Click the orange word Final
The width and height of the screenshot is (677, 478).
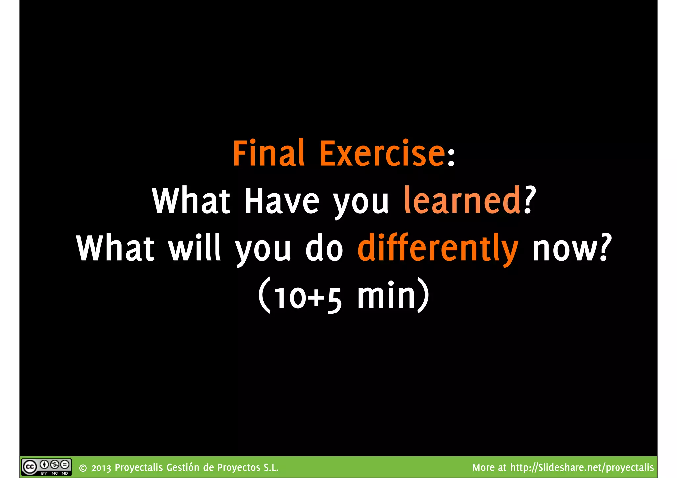click(x=268, y=154)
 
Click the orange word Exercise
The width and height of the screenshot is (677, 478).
click(x=382, y=154)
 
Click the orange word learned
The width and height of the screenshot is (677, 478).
click(x=462, y=200)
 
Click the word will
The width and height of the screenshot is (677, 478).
click(x=194, y=248)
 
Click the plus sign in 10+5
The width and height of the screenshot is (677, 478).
click(x=317, y=298)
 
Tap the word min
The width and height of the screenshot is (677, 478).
click(x=386, y=296)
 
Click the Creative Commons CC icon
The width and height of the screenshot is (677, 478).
click(x=30, y=467)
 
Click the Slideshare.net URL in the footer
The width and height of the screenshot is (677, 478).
click(x=582, y=468)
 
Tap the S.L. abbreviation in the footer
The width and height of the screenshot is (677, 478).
click(x=271, y=468)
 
